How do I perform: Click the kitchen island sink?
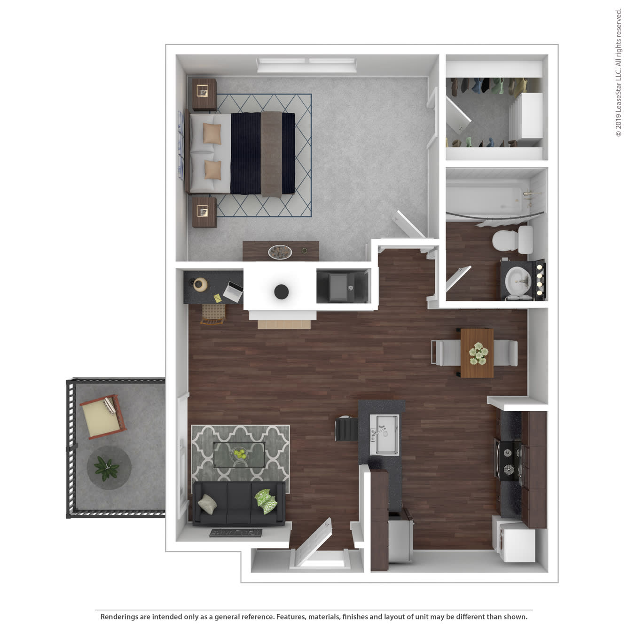[384, 435]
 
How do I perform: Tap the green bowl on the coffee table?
[240, 454]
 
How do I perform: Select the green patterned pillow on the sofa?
[266, 501]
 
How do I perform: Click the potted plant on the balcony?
[107, 468]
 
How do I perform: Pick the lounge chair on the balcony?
[102, 416]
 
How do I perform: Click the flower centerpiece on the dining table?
[478, 353]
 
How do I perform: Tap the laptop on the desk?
[233, 291]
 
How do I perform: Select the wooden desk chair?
[213, 314]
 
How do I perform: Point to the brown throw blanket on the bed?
[271, 154]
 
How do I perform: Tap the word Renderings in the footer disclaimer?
[119, 617]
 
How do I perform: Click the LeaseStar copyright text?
[618, 73]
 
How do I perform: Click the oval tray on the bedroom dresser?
[280, 252]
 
